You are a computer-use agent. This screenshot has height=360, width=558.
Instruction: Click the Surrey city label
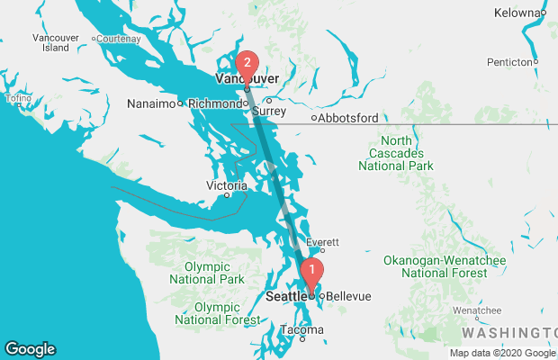[268, 112]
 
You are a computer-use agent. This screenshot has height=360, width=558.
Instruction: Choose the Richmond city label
[215, 103]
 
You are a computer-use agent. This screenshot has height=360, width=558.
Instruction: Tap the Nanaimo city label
[152, 103]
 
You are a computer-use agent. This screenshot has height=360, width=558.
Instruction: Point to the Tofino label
[19, 98]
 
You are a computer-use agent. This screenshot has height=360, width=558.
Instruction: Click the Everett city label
[322, 243]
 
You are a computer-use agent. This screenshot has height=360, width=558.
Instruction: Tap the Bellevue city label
[348, 296]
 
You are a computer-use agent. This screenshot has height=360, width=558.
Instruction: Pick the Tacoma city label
[300, 329]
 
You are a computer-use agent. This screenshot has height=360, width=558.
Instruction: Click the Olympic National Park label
[214, 274]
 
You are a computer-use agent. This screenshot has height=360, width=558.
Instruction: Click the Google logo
[30, 349]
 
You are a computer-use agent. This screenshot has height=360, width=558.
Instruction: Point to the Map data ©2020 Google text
[501, 353]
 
